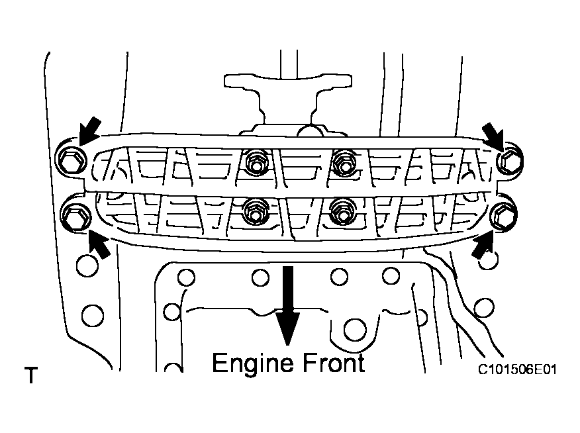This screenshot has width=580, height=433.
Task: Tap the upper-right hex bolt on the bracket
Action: click(509, 160)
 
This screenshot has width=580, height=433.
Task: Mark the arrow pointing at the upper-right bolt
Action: click(495, 135)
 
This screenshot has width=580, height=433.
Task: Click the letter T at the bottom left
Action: click(30, 377)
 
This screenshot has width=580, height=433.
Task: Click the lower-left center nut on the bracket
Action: click(254, 210)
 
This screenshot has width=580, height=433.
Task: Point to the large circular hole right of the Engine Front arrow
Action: click(356, 328)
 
